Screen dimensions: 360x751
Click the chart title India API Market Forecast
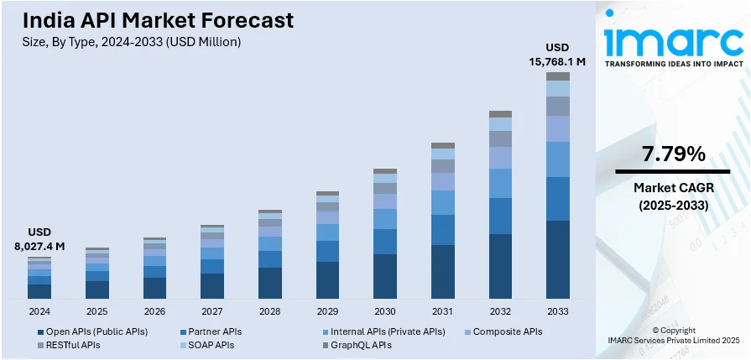[159, 20]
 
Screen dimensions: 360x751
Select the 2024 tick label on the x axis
[39, 310]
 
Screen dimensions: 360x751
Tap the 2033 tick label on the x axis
[558, 310]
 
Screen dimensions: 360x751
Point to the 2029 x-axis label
[327, 310]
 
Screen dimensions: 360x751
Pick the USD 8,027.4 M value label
[39, 239]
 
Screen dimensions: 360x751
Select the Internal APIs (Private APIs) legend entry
[387, 331]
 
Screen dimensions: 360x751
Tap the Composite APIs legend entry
[507, 331]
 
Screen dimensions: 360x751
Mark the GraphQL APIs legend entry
[360, 345]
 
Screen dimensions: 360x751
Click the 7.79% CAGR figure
[674, 154]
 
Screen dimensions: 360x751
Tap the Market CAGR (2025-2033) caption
[674, 196]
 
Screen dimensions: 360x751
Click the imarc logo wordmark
[674, 39]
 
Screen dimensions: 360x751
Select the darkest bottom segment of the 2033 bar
[558, 259]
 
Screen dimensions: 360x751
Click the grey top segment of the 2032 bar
[500, 114]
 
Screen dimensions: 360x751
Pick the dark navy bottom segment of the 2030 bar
[385, 276]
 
